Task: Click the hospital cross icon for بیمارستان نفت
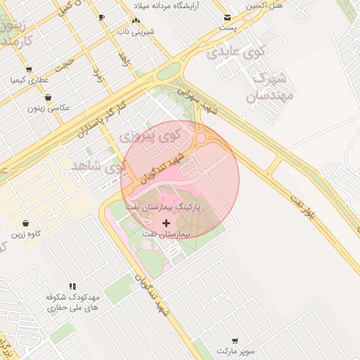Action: [x=166, y=223]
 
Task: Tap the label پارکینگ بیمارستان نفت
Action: [x=164, y=209]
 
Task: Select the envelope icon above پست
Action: [x=227, y=18]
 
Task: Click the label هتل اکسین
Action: [x=264, y=5]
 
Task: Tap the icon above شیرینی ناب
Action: [x=136, y=21]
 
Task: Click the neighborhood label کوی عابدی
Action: [x=236, y=51]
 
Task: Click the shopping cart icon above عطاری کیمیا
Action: [x=29, y=69]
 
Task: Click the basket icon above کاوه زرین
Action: [x=26, y=224]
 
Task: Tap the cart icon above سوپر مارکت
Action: [x=233, y=340]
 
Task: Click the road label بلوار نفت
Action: [x=307, y=208]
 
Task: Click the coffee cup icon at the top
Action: [x=102, y=16]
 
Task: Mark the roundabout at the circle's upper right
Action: [x=201, y=139]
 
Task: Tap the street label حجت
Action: [x=65, y=64]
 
